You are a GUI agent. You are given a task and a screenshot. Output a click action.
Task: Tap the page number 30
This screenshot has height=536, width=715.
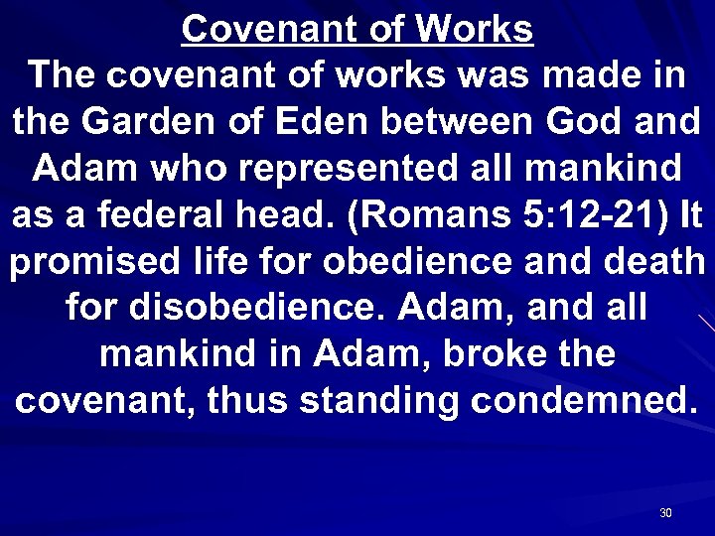665,513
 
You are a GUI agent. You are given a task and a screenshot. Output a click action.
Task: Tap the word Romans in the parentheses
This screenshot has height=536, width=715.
434,213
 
